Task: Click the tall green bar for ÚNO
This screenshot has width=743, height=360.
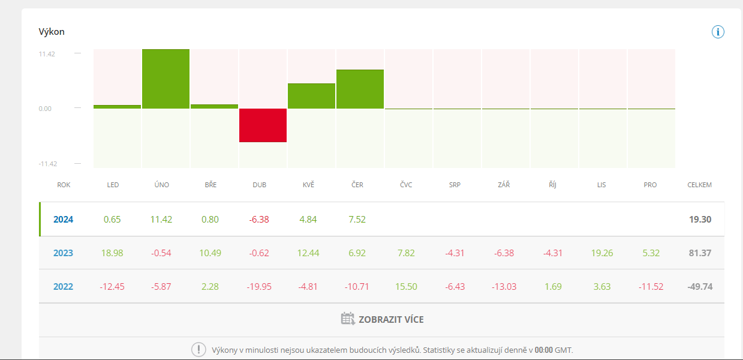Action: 166,79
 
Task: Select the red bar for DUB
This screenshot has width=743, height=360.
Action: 263,125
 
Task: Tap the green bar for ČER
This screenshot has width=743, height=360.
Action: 360,89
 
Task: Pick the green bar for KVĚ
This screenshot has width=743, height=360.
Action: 311,96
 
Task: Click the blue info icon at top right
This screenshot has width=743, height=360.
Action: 718,32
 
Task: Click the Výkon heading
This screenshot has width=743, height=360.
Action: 52,32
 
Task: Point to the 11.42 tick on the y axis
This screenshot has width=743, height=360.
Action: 47,54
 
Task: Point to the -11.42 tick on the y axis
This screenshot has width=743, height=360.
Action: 47,164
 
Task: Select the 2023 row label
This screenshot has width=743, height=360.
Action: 63,253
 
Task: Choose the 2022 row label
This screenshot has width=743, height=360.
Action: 63,287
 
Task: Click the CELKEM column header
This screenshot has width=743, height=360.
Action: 699,185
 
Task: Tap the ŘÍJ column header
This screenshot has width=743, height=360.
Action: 552,185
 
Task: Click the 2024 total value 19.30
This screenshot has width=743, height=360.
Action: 700,220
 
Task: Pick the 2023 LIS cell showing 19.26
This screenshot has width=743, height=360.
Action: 601,253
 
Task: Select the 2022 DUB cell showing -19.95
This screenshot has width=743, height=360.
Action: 259,287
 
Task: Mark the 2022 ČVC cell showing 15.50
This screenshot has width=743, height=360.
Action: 406,287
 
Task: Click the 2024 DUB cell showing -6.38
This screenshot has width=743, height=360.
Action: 259,220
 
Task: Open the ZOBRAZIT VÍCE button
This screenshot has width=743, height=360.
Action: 391,320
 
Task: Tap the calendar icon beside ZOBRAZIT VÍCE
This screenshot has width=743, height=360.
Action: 348,319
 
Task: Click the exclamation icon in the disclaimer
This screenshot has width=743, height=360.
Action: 198,350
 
